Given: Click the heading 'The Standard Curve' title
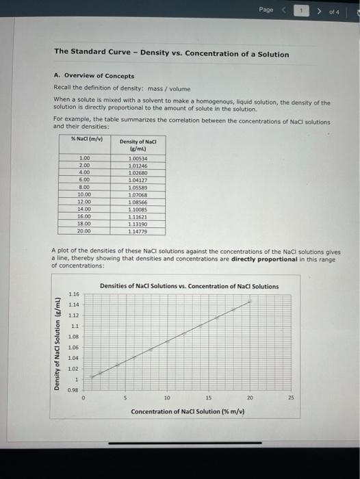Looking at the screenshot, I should tap(171, 54).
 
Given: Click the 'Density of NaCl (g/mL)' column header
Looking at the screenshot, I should tap(138, 144).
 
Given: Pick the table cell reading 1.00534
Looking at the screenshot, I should tap(138, 159).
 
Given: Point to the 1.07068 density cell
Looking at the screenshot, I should tap(138, 194).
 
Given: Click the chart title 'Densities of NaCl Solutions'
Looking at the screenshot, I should tap(189, 286).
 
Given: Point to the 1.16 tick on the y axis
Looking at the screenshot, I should tap(74, 293).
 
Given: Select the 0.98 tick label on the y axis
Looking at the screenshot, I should tap(74, 390).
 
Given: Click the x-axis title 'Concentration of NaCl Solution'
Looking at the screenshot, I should tap(188, 411).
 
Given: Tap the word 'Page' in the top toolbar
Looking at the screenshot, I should tap(266, 10).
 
